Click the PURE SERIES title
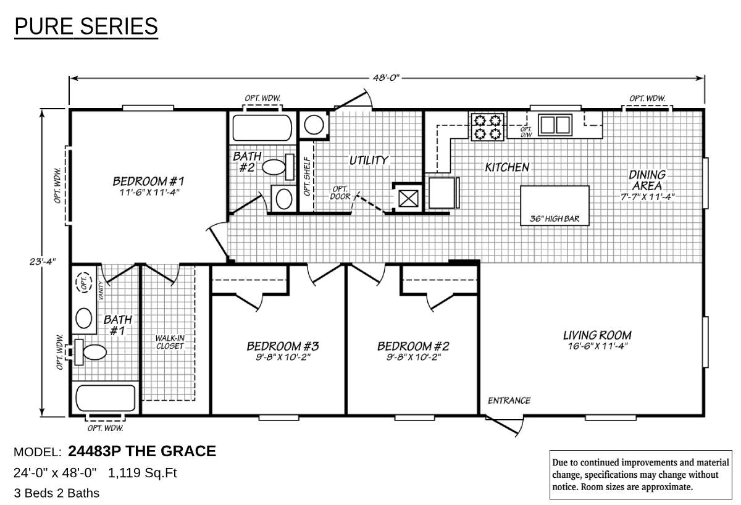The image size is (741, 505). (86, 27)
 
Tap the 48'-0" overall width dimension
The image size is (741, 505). (386, 78)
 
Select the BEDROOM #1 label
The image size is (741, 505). (149, 182)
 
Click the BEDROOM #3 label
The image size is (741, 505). (282, 346)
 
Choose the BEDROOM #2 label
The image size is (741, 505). (412, 346)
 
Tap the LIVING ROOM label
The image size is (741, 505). (597, 335)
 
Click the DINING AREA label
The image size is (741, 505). (647, 180)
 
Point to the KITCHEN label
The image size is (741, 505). (506, 167)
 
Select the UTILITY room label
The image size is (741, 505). (369, 160)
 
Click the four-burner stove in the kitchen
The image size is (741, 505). (487, 127)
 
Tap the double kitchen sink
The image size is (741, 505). (554, 125)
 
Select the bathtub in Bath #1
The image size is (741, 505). (104, 399)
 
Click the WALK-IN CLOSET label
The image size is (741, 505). (169, 342)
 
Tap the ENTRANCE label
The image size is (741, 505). (509, 400)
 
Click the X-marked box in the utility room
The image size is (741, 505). (408, 198)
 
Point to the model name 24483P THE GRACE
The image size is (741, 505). (142, 451)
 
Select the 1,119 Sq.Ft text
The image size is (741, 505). (143, 474)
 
